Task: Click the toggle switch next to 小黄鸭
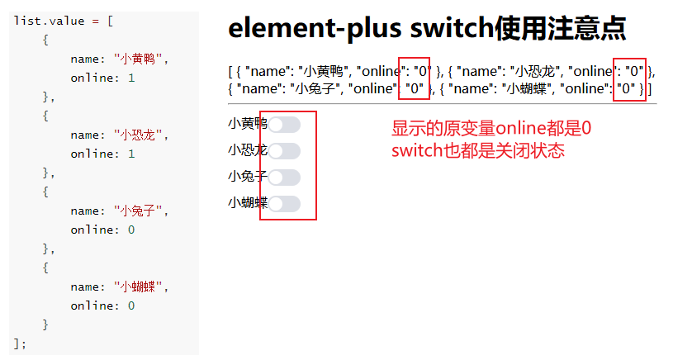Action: coord(284,125)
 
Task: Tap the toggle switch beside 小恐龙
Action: coord(284,151)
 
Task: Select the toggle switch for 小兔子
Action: coord(284,178)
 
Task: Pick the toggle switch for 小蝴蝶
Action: coord(284,204)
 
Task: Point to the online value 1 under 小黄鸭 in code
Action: coord(130,78)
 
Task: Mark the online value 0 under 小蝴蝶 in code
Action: coord(130,306)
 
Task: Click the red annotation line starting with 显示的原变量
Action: coord(491,129)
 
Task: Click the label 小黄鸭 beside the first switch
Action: coord(247,125)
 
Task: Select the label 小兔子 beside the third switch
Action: coord(247,178)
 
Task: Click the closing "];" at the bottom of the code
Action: coord(21,343)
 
